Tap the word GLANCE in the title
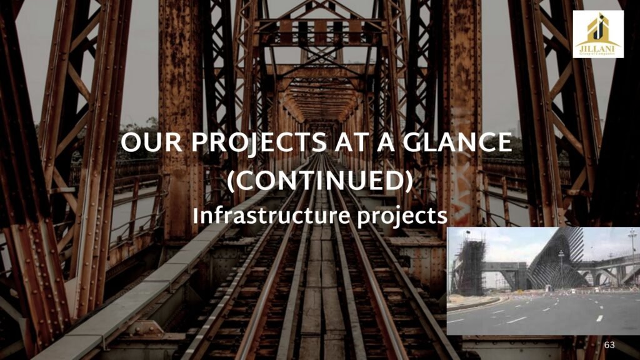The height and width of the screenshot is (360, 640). [457, 142]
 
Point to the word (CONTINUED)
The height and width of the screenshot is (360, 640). [320, 181]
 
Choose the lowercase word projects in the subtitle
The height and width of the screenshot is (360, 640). [402, 217]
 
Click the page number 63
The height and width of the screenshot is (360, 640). [609, 345]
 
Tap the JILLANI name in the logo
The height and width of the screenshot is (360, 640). [598, 49]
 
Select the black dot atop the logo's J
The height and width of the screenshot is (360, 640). [601, 16]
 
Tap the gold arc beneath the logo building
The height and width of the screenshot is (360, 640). [598, 42]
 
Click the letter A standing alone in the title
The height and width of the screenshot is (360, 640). [386, 142]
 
